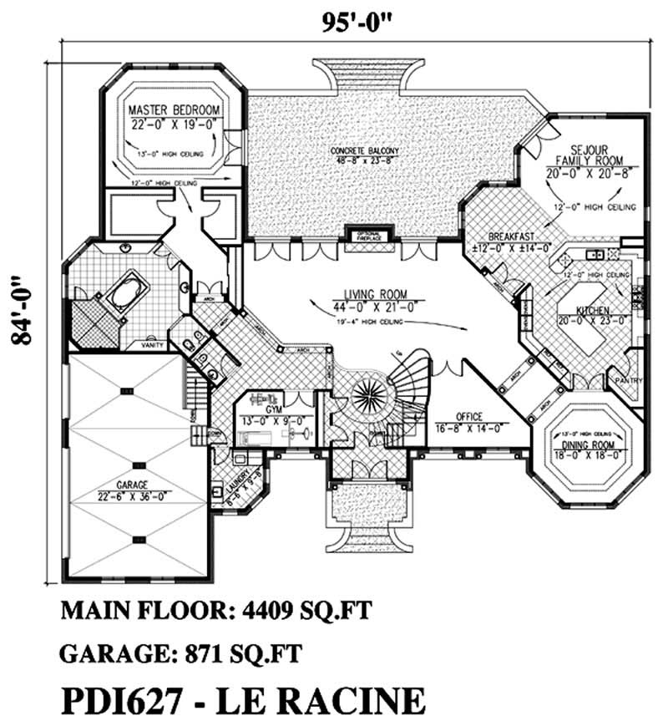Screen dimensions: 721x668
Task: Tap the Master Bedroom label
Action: pyautogui.click(x=174, y=110)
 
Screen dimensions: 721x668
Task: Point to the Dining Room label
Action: pyautogui.click(x=588, y=444)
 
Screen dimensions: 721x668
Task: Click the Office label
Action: pyautogui.click(x=470, y=416)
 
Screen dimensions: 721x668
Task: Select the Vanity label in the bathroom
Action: pyautogui.click(x=151, y=343)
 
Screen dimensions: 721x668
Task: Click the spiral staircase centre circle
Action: pyautogui.click(x=366, y=393)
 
